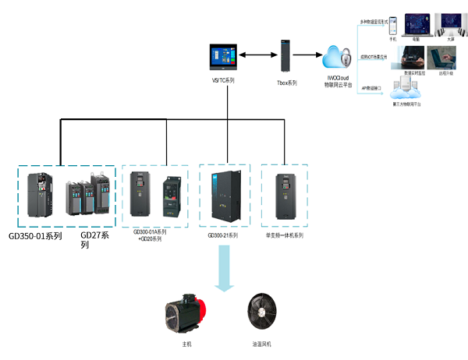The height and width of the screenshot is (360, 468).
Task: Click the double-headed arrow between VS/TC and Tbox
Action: [x=254, y=55]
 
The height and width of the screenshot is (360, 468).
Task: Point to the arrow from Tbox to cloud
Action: [x=310, y=55]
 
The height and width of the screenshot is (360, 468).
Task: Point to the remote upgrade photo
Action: [x=444, y=57]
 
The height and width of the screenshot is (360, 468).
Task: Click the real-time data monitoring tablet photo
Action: [x=409, y=57]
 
